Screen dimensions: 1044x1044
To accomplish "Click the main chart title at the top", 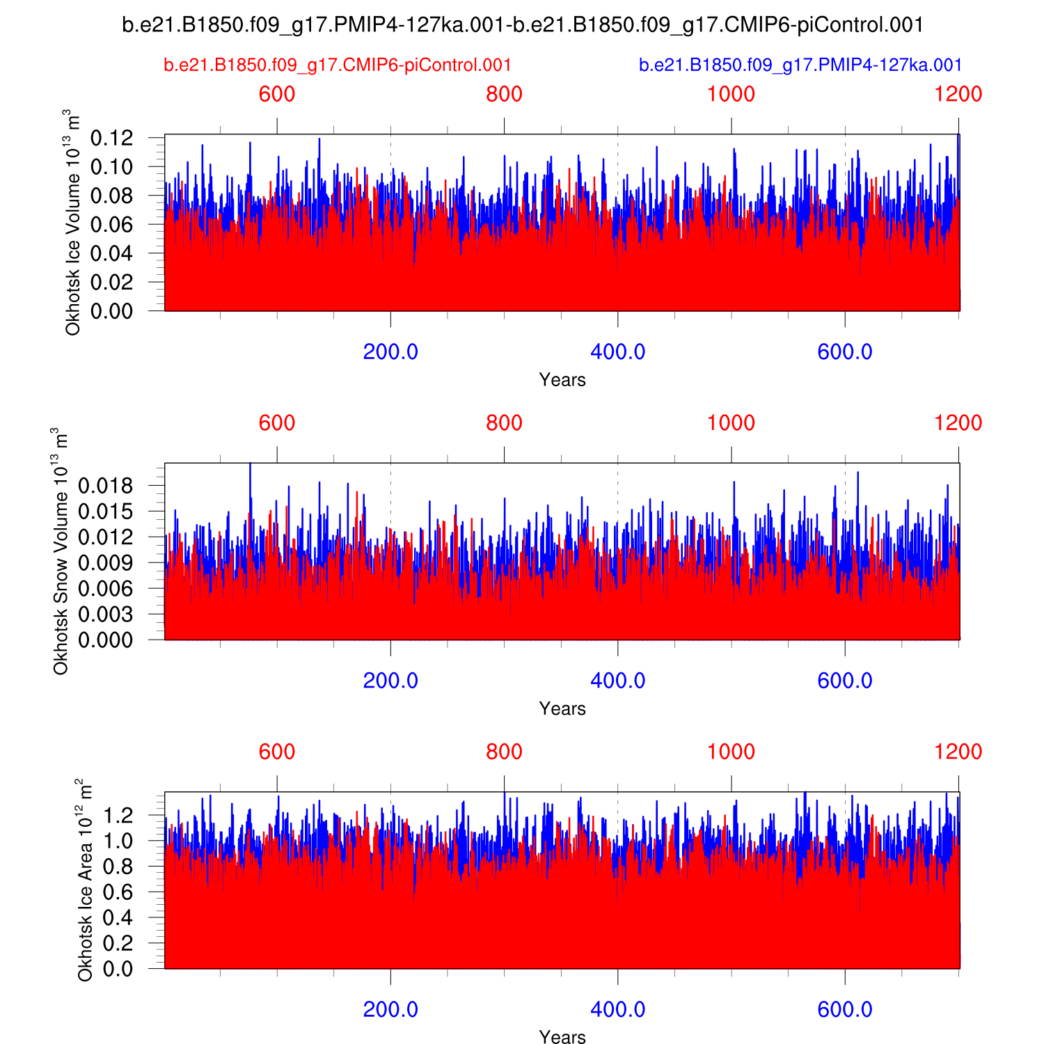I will click(522, 25).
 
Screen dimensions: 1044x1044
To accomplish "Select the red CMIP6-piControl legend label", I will click(338, 65).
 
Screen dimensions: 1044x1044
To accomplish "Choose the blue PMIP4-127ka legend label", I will click(800, 65).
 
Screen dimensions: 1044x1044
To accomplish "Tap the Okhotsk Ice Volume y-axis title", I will click(72, 222).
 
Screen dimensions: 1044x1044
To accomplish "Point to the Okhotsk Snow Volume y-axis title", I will click(61, 551).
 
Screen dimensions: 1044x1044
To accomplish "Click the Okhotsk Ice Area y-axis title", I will click(85, 880).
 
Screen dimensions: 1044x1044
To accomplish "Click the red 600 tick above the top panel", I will click(277, 94).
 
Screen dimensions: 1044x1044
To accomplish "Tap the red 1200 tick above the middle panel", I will click(958, 423).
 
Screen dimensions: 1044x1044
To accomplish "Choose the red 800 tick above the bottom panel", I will click(504, 752).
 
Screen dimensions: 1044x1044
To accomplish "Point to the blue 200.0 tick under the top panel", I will click(390, 352).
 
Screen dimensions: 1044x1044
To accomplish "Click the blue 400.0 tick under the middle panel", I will click(617, 681).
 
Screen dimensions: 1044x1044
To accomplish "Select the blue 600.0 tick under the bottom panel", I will click(845, 1010).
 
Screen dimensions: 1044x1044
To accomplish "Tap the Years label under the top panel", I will click(562, 380).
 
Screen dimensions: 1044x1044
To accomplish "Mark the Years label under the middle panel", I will click(562, 709).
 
